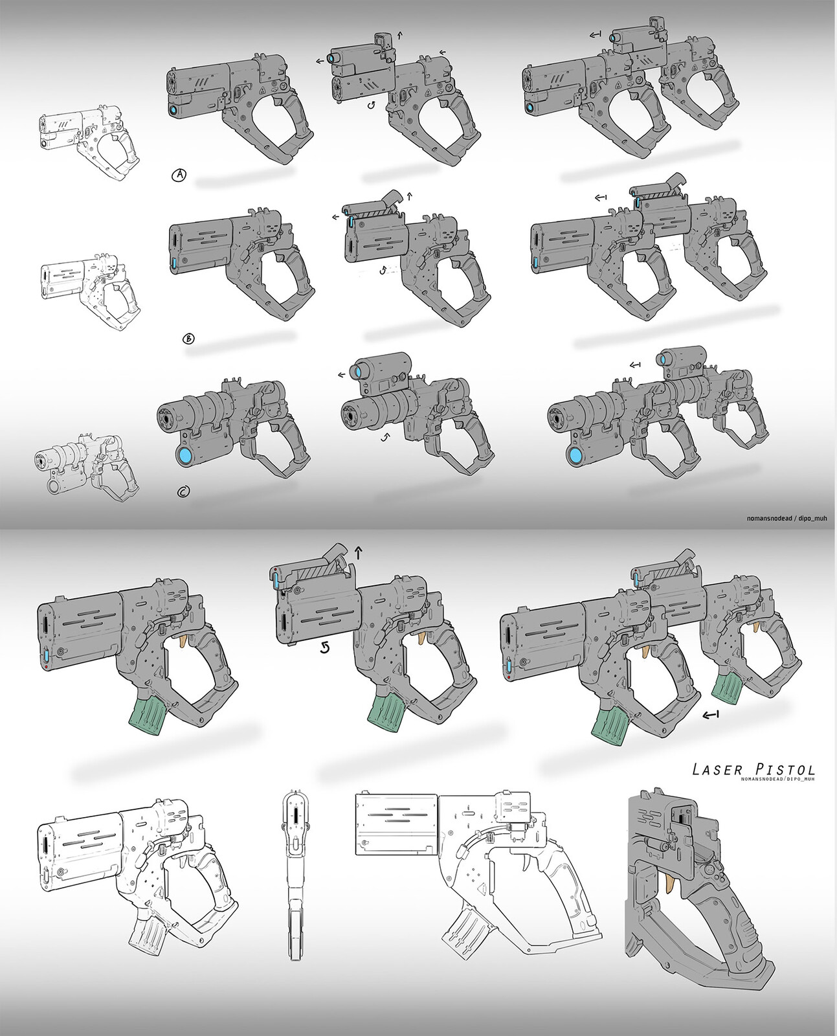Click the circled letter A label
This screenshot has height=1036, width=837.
pyautogui.click(x=179, y=175)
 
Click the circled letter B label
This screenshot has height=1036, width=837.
pyautogui.click(x=190, y=337)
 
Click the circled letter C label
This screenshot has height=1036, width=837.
pyautogui.click(x=183, y=492)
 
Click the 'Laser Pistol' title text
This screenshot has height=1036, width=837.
pyautogui.click(x=753, y=769)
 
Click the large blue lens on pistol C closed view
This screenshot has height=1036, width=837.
pyautogui.click(x=186, y=455)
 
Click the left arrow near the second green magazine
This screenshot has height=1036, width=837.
pyautogui.click(x=711, y=715)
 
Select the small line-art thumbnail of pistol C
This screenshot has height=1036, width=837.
pyautogui.click(x=85, y=467)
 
